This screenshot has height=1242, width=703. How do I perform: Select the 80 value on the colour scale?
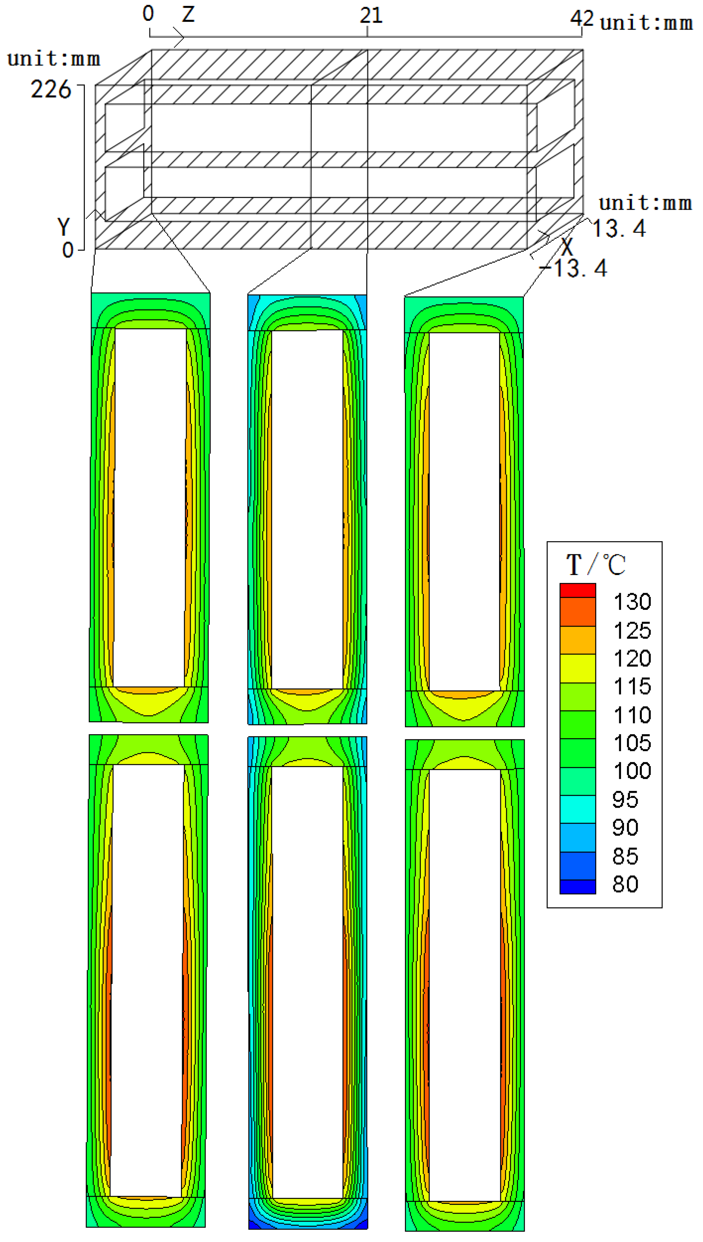(x=625, y=884)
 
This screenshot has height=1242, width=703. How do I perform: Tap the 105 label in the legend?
(x=632, y=743)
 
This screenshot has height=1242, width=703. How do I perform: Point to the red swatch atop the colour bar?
(x=577, y=590)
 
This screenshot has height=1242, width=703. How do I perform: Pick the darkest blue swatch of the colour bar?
(x=577, y=887)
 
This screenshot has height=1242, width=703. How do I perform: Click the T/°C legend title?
(x=596, y=564)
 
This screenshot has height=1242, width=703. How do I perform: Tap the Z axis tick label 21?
(x=371, y=16)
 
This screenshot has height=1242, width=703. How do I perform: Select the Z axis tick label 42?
(x=582, y=18)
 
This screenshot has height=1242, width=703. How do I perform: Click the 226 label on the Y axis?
(x=51, y=90)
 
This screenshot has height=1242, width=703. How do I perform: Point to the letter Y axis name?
(x=63, y=226)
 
